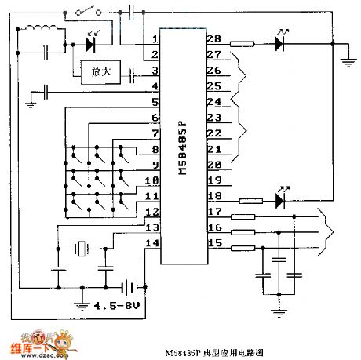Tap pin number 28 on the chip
[213, 40]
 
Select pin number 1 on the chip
[156, 40]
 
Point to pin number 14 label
[154, 245]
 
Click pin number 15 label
[213, 245]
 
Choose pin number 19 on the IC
[213, 181]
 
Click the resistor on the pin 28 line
[242, 45]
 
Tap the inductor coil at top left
[43, 33]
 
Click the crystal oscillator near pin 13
[82, 249]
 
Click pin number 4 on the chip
[156, 87]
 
